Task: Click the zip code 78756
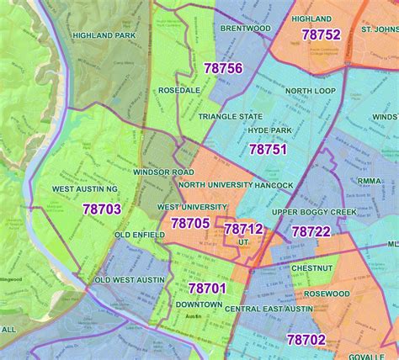click(x=222, y=68)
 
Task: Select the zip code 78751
click(x=269, y=148)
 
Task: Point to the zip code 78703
click(x=101, y=209)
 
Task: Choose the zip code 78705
click(x=190, y=223)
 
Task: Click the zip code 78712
click(x=244, y=228)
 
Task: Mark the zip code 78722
click(x=311, y=231)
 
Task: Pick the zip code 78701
click(x=207, y=289)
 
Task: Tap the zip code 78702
click(x=306, y=340)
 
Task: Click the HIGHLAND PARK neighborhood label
click(x=104, y=36)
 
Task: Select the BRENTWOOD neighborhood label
click(x=245, y=28)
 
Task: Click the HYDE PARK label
click(x=269, y=131)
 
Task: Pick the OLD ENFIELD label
click(x=140, y=235)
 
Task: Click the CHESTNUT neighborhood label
click(x=313, y=267)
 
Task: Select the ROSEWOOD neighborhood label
click(x=327, y=294)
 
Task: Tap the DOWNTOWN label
click(x=199, y=304)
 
